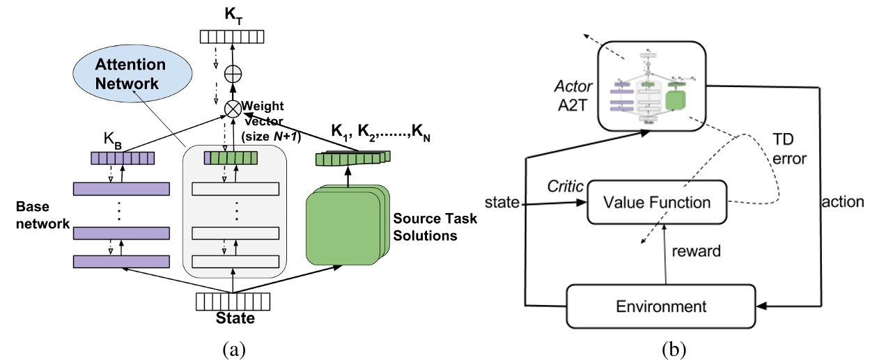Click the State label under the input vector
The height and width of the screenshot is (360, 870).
[x=233, y=319]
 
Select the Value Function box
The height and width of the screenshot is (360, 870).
[x=657, y=203]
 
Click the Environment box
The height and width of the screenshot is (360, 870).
[x=660, y=306]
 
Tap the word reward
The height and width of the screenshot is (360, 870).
[x=695, y=250]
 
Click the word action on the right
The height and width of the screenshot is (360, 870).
[x=844, y=203]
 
